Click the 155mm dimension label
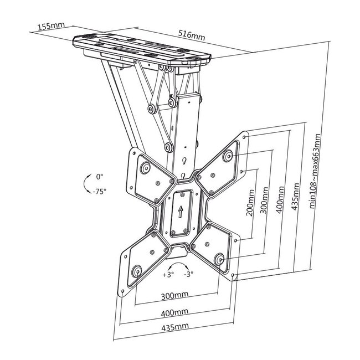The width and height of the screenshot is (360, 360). (x=51, y=25)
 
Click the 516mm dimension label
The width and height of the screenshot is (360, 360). (x=192, y=35)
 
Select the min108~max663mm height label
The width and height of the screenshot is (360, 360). (x=315, y=171)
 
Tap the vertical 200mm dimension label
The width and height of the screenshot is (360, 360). (x=250, y=203)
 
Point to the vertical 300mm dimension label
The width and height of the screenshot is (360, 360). (x=264, y=200)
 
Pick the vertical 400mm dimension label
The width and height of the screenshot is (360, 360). (x=280, y=200)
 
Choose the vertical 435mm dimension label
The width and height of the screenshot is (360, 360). (x=295, y=197)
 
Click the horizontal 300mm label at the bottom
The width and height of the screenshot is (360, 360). (x=174, y=296)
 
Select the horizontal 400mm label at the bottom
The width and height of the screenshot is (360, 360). (x=174, y=312)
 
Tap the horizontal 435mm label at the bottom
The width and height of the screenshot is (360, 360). (x=175, y=327)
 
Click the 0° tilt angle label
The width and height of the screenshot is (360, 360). (x=100, y=177)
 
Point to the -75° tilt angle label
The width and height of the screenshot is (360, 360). (x=100, y=191)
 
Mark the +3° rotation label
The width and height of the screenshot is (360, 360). (x=168, y=275)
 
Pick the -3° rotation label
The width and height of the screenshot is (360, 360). (x=188, y=274)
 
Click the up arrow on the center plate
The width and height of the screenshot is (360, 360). (x=181, y=212)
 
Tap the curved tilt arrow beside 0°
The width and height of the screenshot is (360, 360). (x=85, y=184)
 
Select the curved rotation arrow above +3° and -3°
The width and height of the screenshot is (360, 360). (x=178, y=264)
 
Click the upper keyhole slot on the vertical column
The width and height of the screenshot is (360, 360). (x=184, y=161)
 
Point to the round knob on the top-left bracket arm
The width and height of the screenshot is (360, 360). (x=145, y=168)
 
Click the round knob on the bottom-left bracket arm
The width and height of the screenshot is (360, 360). (x=137, y=271)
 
